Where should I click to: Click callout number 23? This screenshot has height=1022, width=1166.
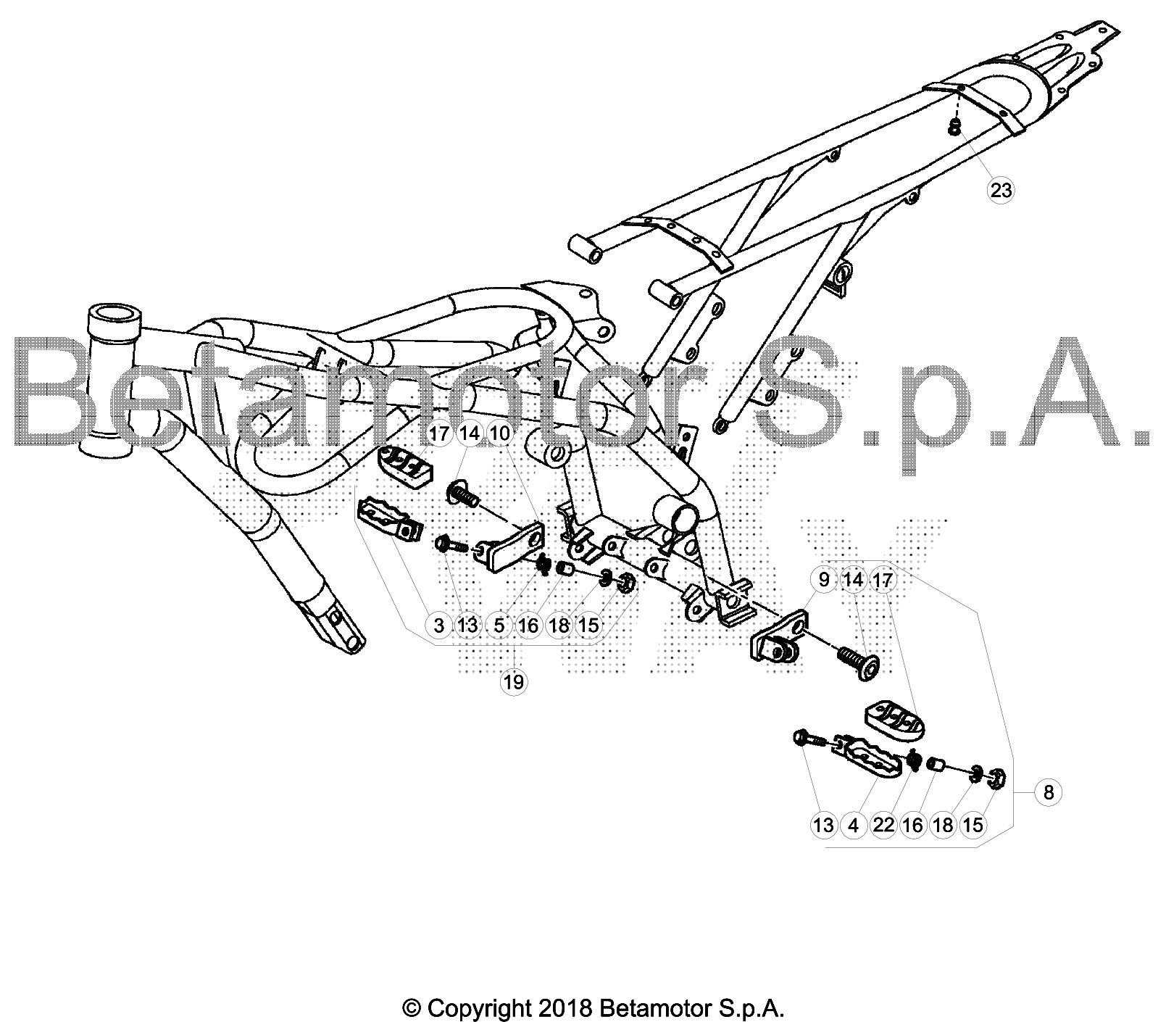pos(1000,191)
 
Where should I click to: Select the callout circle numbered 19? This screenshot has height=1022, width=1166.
pos(514,681)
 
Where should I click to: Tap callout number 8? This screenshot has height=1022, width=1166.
pos(1049,792)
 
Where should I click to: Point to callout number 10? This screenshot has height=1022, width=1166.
pos(500,434)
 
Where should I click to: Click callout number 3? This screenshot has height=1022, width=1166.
pos(438,625)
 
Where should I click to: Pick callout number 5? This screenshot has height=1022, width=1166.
pos(499,625)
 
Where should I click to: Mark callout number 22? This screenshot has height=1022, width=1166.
pos(883,825)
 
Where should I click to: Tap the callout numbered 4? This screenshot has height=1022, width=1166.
pos(854,825)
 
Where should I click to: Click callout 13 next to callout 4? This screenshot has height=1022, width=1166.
pos(824,825)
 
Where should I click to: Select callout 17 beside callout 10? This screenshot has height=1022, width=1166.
pos(438,434)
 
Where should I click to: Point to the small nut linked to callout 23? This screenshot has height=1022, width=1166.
pos(954,128)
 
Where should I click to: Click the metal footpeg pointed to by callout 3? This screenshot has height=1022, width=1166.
pos(389,517)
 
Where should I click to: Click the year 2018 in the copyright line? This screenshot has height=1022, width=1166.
pos(567,1008)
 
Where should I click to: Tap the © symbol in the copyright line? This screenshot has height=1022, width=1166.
pos(412,1008)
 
